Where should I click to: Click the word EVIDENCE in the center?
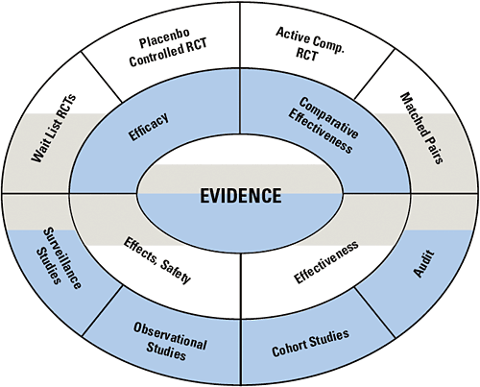pos(240,196)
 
